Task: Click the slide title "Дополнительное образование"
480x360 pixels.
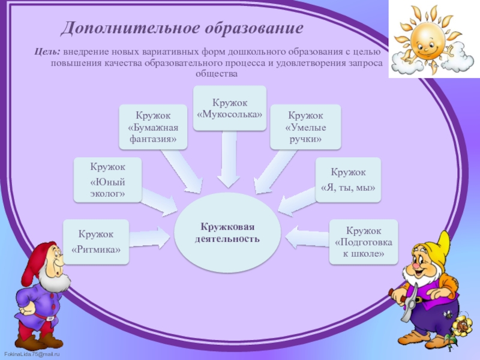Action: click(182, 28)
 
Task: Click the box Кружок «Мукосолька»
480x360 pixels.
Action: click(229, 108)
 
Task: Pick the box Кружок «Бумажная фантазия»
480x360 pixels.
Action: click(153, 127)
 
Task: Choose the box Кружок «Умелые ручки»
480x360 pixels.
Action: click(305, 127)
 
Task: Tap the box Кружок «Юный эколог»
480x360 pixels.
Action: click(108, 179)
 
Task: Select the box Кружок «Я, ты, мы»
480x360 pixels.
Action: click(348, 179)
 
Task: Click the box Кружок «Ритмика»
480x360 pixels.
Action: click(96, 241)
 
